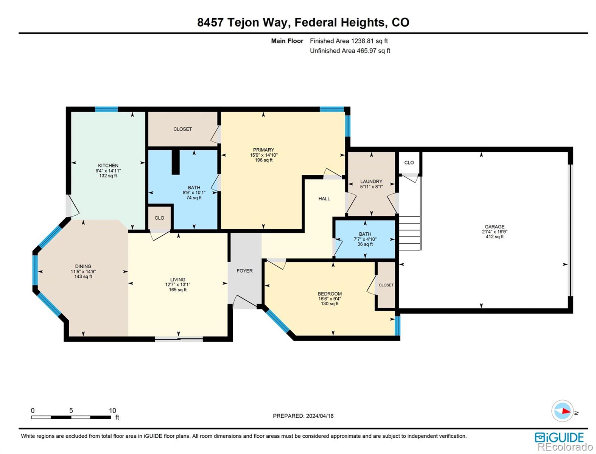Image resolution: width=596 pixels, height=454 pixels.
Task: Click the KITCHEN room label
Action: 108,166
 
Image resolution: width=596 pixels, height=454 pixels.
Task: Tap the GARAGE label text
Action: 495,227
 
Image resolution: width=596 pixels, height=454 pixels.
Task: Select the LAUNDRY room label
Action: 371,181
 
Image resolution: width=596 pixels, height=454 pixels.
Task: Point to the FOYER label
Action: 244,271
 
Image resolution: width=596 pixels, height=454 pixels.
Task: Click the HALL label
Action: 324,199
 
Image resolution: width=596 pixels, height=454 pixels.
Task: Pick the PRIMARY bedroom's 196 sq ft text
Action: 263,160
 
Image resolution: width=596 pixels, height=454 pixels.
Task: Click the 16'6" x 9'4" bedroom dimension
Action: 330,299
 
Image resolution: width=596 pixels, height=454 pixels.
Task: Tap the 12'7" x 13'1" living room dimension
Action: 177,285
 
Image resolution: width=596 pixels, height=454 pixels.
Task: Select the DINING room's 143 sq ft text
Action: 83,277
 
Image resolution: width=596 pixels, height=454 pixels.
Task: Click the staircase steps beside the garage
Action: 409,233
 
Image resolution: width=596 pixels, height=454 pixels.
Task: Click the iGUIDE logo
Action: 559,438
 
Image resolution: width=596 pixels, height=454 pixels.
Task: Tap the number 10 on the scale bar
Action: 112,410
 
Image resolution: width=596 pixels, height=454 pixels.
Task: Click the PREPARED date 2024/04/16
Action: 320,416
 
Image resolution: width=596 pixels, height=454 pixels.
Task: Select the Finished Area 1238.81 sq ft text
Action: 349,41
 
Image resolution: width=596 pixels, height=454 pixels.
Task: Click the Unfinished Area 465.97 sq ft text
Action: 350,51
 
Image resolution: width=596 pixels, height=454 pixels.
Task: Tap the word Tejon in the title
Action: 243,23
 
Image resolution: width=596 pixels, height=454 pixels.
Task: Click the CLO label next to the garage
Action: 409,163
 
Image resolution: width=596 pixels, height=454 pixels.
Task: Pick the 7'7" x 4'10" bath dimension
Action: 365,239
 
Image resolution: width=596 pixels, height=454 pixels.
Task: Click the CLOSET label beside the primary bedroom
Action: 182,129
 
